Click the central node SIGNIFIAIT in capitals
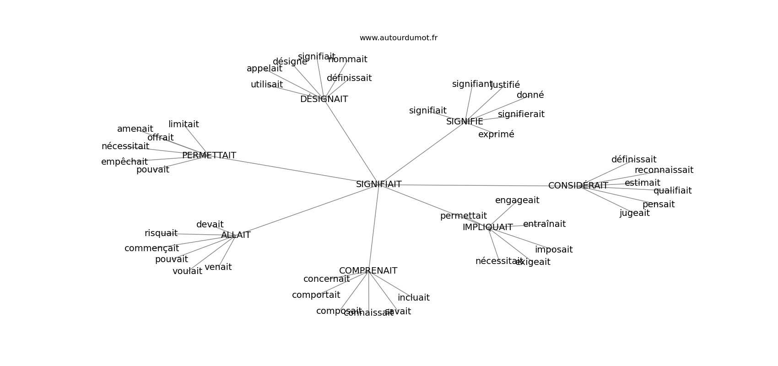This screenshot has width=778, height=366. tap(378, 184)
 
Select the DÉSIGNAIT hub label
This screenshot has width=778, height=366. tap(324, 99)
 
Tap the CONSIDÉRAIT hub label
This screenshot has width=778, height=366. tap(578, 186)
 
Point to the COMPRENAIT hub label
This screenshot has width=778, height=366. tap(368, 271)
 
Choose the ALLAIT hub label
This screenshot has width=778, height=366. tap(236, 235)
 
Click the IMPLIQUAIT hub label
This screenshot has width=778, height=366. tap(487, 227)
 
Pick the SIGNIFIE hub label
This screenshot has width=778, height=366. tap(465, 122)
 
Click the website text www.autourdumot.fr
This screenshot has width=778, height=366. tap(398, 38)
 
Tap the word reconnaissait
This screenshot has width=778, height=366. tap(664, 170)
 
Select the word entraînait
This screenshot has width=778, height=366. tap(544, 224)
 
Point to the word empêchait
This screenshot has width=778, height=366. tap(124, 162)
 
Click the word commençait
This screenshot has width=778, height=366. tap(151, 248)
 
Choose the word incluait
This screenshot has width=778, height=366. tap(413, 298)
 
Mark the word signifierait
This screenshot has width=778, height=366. tap(521, 114)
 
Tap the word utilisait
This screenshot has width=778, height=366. tap(266, 85)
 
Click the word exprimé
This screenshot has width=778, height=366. tap(496, 135)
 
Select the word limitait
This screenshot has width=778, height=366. tap(184, 124)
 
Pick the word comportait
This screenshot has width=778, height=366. tap(316, 295)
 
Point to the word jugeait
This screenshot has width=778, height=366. tap(634, 213)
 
